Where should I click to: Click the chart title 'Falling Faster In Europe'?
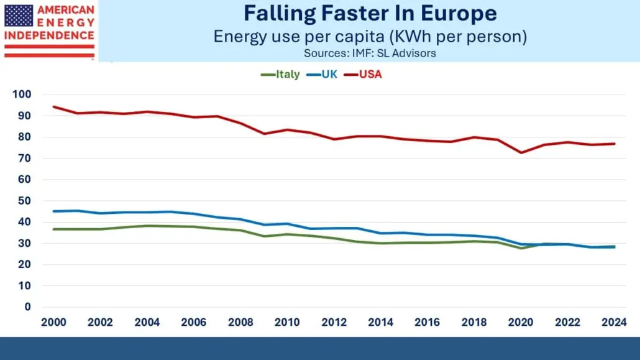pyautogui.click(x=370, y=13)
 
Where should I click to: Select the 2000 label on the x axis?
pyautogui.click(x=53, y=322)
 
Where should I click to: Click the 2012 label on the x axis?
pyautogui.click(x=334, y=322)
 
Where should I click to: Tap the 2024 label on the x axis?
pyautogui.click(x=615, y=322)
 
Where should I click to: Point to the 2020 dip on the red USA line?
pyautogui.click(x=521, y=152)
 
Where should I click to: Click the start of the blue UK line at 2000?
pyautogui.click(x=53, y=211)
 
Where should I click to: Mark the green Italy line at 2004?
pyautogui.click(x=147, y=226)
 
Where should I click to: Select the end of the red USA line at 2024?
pyautogui.click(x=615, y=144)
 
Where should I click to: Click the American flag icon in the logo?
pyautogui.click(x=19, y=16)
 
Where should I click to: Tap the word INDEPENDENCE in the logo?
pyautogui.click(x=49, y=35)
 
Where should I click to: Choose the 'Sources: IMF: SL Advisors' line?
pyautogui.click(x=370, y=53)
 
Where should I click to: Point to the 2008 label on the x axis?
pyautogui.click(x=240, y=322)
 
